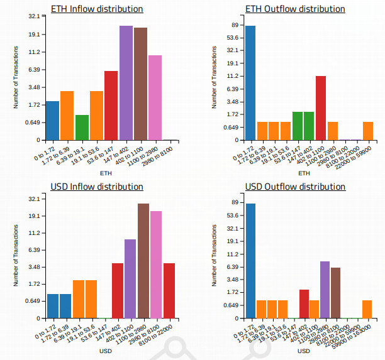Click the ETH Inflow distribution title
[x=96, y=9]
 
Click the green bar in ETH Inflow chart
[x=82, y=128]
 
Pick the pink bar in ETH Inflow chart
[x=155, y=97]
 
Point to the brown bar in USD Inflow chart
[x=143, y=261]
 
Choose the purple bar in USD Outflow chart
[x=325, y=290]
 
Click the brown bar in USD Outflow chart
[x=336, y=293]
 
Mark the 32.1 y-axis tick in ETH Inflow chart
[x=33, y=17]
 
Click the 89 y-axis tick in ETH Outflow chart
[x=234, y=25]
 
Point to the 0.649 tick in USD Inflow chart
[x=32, y=301]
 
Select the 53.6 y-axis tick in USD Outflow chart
[x=232, y=215]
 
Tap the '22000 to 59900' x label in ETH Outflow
[x=363, y=157]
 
